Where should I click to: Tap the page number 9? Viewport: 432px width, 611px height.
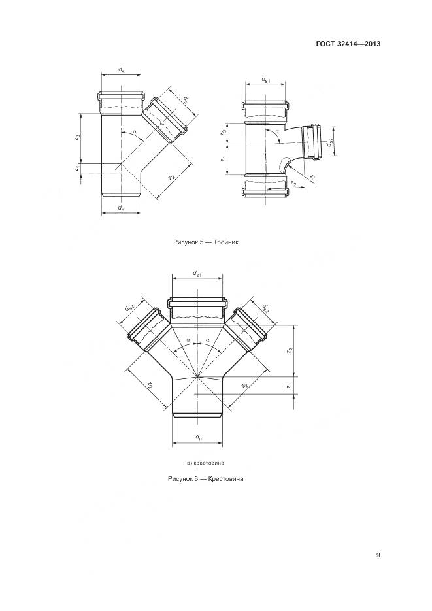[378, 555]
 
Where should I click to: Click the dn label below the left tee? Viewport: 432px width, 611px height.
[122, 208]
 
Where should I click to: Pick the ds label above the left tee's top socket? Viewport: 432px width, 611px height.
[122, 70]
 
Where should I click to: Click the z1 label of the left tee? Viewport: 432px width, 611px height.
[78, 169]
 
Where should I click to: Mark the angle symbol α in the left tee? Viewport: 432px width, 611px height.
[135, 133]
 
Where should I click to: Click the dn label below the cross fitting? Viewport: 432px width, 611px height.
[197, 437]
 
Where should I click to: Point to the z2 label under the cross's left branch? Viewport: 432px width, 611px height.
[150, 385]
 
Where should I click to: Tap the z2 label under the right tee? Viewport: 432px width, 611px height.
[294, 185]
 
